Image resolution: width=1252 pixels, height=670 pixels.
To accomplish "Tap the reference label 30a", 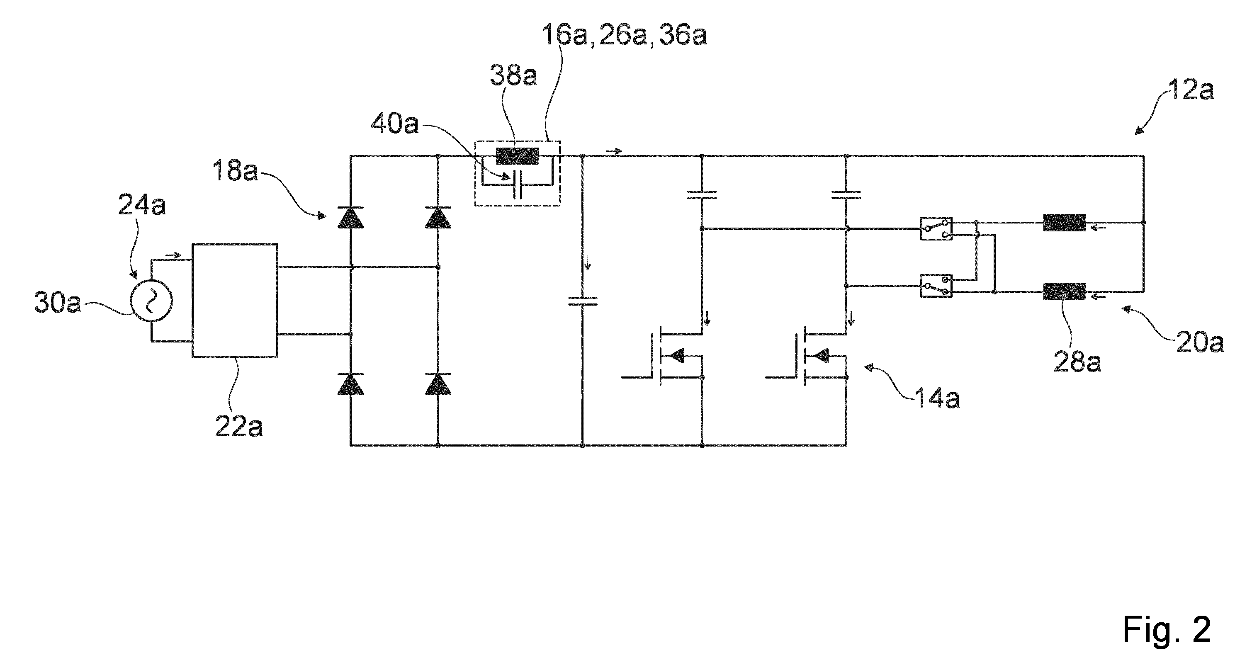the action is (x=57, y=303).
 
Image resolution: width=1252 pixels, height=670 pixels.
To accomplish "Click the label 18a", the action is (x=235, y=170).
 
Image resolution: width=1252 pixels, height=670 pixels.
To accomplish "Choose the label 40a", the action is (x=395, y=124).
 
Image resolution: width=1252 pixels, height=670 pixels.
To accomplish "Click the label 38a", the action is (x=513, y=75).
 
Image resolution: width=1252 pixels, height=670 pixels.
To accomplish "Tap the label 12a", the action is (x=1191, y=90).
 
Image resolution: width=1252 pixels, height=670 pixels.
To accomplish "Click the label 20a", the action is (x=1199, y=343).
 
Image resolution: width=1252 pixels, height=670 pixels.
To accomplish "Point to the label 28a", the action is (x=1077, y=362).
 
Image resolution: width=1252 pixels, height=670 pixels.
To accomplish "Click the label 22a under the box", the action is (x=238, y=427).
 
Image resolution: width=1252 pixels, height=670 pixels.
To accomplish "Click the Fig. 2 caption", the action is (x=1167, y=630).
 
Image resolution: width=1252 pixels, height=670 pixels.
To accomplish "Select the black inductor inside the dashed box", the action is (x=517, y=156).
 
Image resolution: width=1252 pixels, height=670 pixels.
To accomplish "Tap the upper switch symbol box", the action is (x=936, y=229).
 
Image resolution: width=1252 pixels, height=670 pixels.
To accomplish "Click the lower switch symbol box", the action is (x=936, y=286).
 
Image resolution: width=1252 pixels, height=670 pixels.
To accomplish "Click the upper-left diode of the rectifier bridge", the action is (x=350, y=217).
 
